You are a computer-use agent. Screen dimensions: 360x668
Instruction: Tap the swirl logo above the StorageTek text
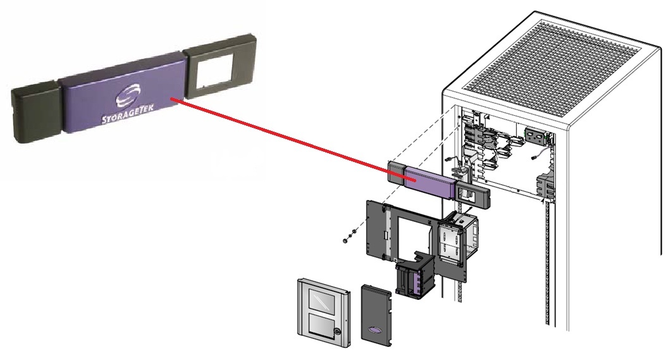click(x=125, y=97)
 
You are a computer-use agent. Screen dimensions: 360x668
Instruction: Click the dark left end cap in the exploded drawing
click(x=395, y=171)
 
